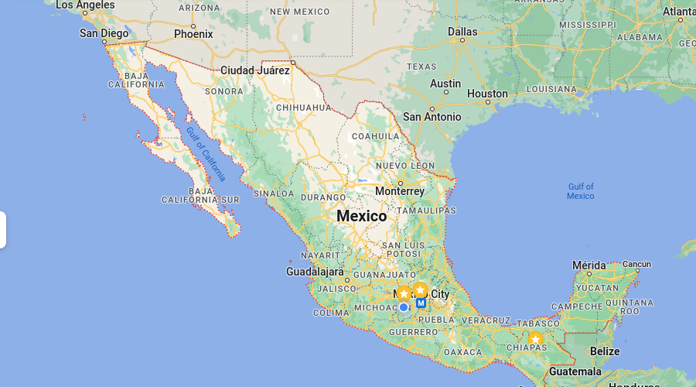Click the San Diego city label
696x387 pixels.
104,33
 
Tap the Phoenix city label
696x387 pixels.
193,34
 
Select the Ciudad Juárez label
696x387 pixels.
255,70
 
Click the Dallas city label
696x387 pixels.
462,32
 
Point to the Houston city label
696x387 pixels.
487,94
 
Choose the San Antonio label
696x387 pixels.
432,117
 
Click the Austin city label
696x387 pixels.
445,84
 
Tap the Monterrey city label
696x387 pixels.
400,191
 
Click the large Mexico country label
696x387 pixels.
361,216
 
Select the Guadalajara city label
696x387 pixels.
315,272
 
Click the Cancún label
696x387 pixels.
636,264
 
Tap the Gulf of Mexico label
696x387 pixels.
581,191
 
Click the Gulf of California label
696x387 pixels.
205,153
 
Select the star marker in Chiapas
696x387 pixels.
535,339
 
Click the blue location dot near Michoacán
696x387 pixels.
403,307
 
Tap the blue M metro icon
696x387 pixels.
421,303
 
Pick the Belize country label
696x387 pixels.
605,351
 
